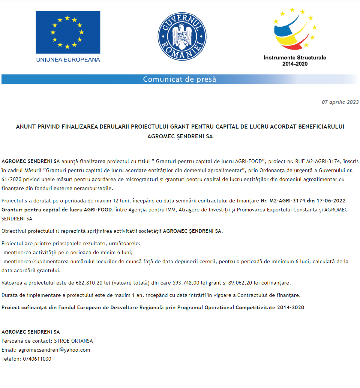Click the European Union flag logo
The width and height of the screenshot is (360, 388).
tap(68, 32)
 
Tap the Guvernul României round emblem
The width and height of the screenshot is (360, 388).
tap(182, 36)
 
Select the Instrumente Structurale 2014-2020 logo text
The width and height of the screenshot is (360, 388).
tap(295, 61)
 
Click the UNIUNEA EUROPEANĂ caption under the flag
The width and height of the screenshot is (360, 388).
tap(68, 60)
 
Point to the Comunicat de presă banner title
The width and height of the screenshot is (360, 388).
tap(180, 79)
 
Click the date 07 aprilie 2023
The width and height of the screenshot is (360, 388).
tap(340, 102)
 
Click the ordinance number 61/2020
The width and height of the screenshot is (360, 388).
tap(10, 179)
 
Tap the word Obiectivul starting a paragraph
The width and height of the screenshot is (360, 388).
tap(15, 231)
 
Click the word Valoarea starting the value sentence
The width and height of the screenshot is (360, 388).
tap(13, 283)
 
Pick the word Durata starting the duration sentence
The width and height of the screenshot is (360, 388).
tap(10, 295)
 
